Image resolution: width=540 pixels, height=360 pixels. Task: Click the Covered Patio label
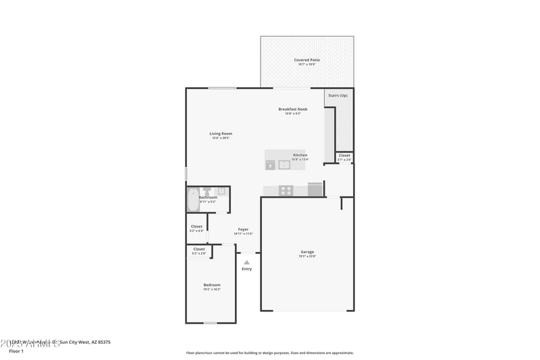306,60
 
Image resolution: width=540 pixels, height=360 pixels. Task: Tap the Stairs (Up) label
338,95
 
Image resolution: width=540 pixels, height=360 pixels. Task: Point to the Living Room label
221,134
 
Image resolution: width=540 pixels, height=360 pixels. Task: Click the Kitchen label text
300,155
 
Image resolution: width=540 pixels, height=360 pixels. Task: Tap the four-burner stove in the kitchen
286,190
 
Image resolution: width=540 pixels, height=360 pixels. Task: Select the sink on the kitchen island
284,163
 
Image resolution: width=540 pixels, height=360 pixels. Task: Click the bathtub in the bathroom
192,200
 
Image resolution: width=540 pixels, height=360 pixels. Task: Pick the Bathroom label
208,197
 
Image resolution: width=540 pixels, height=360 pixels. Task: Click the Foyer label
243,230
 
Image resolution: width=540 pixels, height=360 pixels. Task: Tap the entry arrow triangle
246,262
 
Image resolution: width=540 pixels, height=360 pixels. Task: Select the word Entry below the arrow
246,269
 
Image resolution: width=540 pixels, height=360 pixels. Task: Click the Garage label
307,252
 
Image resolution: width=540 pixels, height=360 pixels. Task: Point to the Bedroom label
212,285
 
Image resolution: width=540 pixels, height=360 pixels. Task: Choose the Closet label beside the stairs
344,155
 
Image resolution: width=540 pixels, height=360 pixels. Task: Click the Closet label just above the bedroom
199,249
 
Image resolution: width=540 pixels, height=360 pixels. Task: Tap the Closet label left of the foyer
196,226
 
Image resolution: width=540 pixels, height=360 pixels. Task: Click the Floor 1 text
16,351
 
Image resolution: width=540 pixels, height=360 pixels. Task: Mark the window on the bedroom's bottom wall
211,323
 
